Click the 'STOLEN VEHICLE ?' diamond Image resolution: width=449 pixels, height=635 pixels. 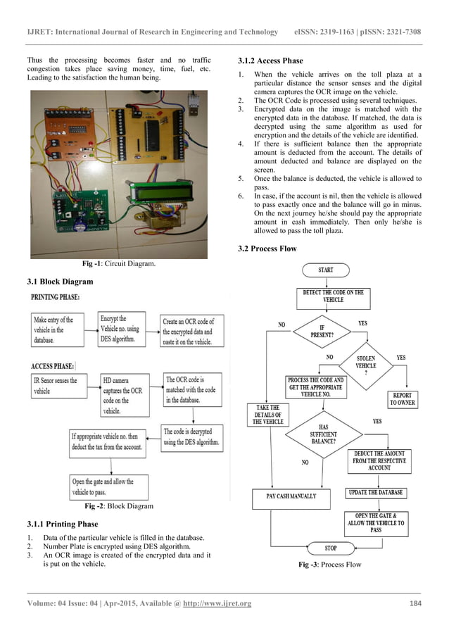tap(365, 365)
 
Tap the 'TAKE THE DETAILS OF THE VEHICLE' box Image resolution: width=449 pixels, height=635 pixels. tap(267, 414)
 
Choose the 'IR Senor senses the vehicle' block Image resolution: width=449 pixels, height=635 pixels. tap(55, 386)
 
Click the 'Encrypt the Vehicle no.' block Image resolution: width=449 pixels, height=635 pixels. tap(120, 329)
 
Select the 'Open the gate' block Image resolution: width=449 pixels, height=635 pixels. tap(101, 486)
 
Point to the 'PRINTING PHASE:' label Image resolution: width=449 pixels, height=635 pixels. tap(55, 298)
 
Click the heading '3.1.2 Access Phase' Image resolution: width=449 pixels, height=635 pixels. tap(271, 61)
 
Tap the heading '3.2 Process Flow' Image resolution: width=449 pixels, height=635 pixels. tap(267, 249)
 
